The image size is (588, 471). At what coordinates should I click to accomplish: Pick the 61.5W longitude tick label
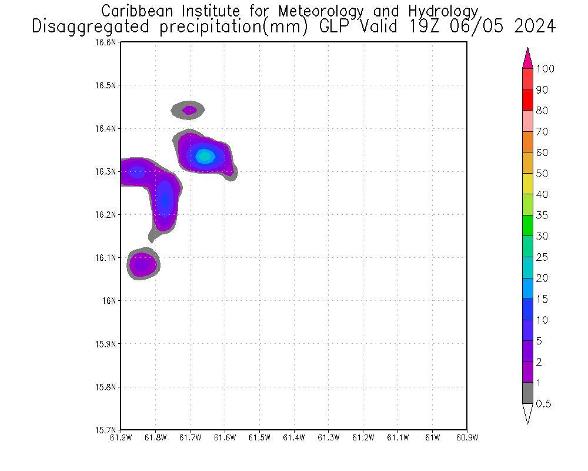point(259,437)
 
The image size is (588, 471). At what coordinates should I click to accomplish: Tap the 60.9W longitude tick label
point(466,437)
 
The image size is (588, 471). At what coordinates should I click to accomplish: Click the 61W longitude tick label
point(432,437)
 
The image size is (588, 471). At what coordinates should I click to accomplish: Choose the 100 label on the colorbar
point(545,69)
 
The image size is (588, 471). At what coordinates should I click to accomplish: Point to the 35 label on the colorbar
point(542,215)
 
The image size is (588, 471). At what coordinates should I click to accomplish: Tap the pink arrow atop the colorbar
point(527,58)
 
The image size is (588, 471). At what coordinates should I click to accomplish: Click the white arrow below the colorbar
point(527,413)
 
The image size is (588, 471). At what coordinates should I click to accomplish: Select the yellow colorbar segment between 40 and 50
point(527,184)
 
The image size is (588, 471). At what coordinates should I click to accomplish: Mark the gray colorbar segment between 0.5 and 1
point(527,393)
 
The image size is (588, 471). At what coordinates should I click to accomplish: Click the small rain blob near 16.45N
point(189,110)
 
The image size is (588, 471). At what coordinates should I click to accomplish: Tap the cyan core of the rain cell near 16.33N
point(204,156)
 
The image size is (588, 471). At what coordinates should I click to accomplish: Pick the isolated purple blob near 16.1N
point(142,264)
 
